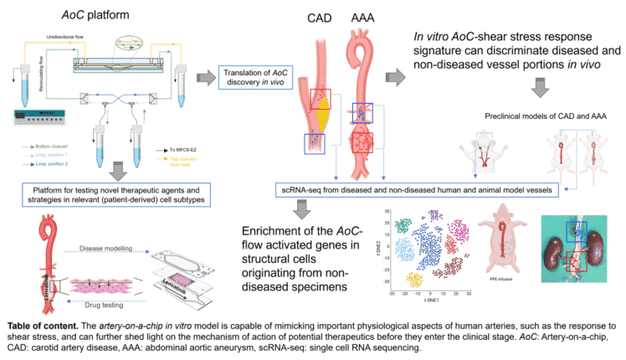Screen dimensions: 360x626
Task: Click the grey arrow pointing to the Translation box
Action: coord(204,79)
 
